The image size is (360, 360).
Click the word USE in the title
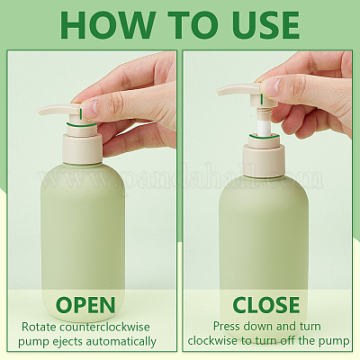260,25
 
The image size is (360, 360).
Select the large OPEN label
85,305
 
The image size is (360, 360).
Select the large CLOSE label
266,305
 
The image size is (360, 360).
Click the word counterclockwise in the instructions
104,327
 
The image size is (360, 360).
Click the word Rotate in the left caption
40,327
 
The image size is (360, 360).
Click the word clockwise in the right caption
212,341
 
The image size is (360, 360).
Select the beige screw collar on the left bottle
82,149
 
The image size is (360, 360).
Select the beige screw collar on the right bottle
263,160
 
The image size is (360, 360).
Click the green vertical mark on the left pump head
81,113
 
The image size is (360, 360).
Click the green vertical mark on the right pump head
262,99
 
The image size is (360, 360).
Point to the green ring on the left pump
82,124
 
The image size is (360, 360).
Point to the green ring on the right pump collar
264,137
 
